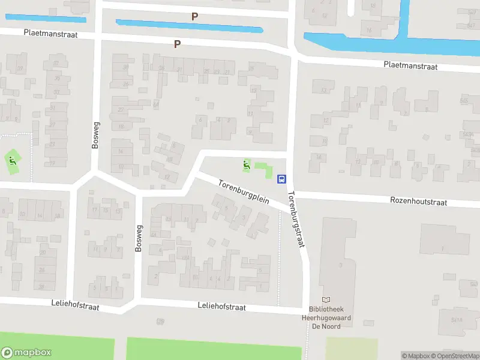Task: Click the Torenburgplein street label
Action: click(243, 191)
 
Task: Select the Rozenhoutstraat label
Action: click(418, 202)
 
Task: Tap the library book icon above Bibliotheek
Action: click(326, 299)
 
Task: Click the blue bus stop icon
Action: click(281, 178)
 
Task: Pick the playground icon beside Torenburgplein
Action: click(245, 164)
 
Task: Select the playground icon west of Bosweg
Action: click(11, 160)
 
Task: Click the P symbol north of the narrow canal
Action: click(194, 17)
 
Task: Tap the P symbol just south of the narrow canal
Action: click(177, 44)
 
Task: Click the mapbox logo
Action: click(26, 353)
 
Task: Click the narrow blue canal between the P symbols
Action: click(189, 26)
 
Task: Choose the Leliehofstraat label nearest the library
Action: click(222, 307)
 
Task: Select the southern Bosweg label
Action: click(138, 238)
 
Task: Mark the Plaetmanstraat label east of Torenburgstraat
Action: click(411, 66)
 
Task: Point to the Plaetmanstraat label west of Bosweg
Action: click(51, 35)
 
